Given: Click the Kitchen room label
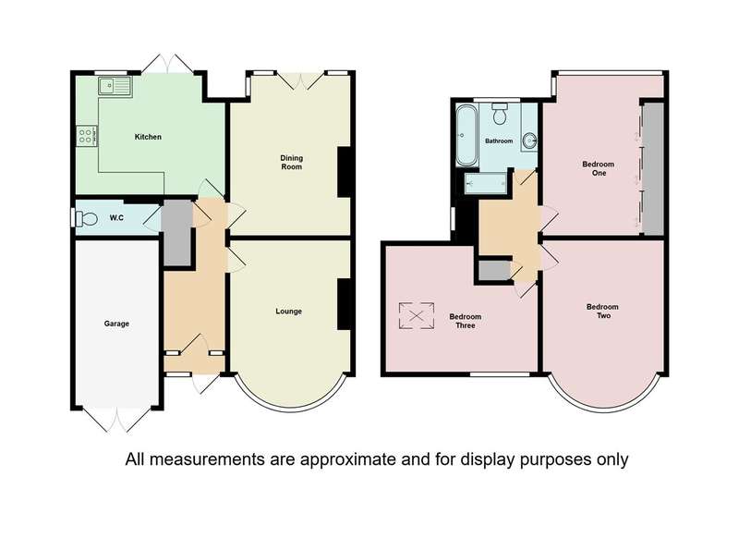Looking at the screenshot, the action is point(148,137).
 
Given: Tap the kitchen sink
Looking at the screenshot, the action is point(115,86).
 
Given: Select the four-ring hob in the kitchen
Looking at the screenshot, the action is point(87,136).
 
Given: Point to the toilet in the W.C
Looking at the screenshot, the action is point(86,219).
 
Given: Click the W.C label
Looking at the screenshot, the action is point(116,218).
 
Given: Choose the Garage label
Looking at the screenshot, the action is point(116,324).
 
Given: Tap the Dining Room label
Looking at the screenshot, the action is point(291,162).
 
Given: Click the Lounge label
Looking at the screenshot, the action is point(288,312).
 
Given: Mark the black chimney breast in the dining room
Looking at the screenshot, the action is point(345,172).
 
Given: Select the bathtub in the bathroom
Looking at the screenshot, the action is point(466,135).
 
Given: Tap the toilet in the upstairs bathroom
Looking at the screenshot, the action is point(500,114).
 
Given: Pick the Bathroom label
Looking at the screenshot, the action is point(499,141).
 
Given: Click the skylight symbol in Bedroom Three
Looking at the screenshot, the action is point(417,316).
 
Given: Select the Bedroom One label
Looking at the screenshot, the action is point(599,168).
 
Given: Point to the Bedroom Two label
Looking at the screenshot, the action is point(603,311).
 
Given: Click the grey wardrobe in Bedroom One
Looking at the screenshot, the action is point(654,168).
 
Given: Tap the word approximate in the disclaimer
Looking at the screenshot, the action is point(347,459).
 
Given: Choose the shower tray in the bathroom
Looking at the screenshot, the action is point(486,183).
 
